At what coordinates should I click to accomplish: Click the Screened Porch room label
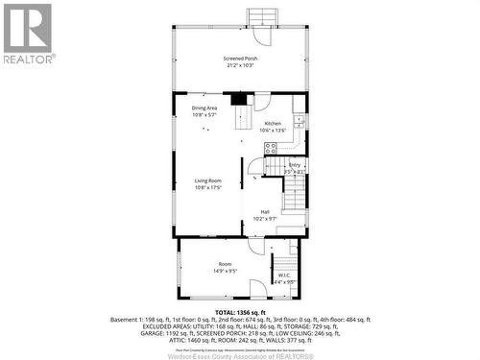(241, 58)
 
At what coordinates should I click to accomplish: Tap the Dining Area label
(204, 108)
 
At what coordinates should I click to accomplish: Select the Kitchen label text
(273, 124)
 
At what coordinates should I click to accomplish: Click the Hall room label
(265, 212)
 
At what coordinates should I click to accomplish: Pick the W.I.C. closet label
(284, 276)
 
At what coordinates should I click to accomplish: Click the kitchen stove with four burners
(272, 148)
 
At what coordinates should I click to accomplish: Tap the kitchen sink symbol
(299, 122)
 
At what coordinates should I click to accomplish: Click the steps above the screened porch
(261, 17)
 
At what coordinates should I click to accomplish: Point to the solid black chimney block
(238, 98)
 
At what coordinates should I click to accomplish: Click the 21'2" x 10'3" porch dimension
(241, 64)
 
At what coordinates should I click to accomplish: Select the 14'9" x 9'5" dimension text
(225, 272)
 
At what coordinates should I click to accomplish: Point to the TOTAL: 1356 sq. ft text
(239, 313)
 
